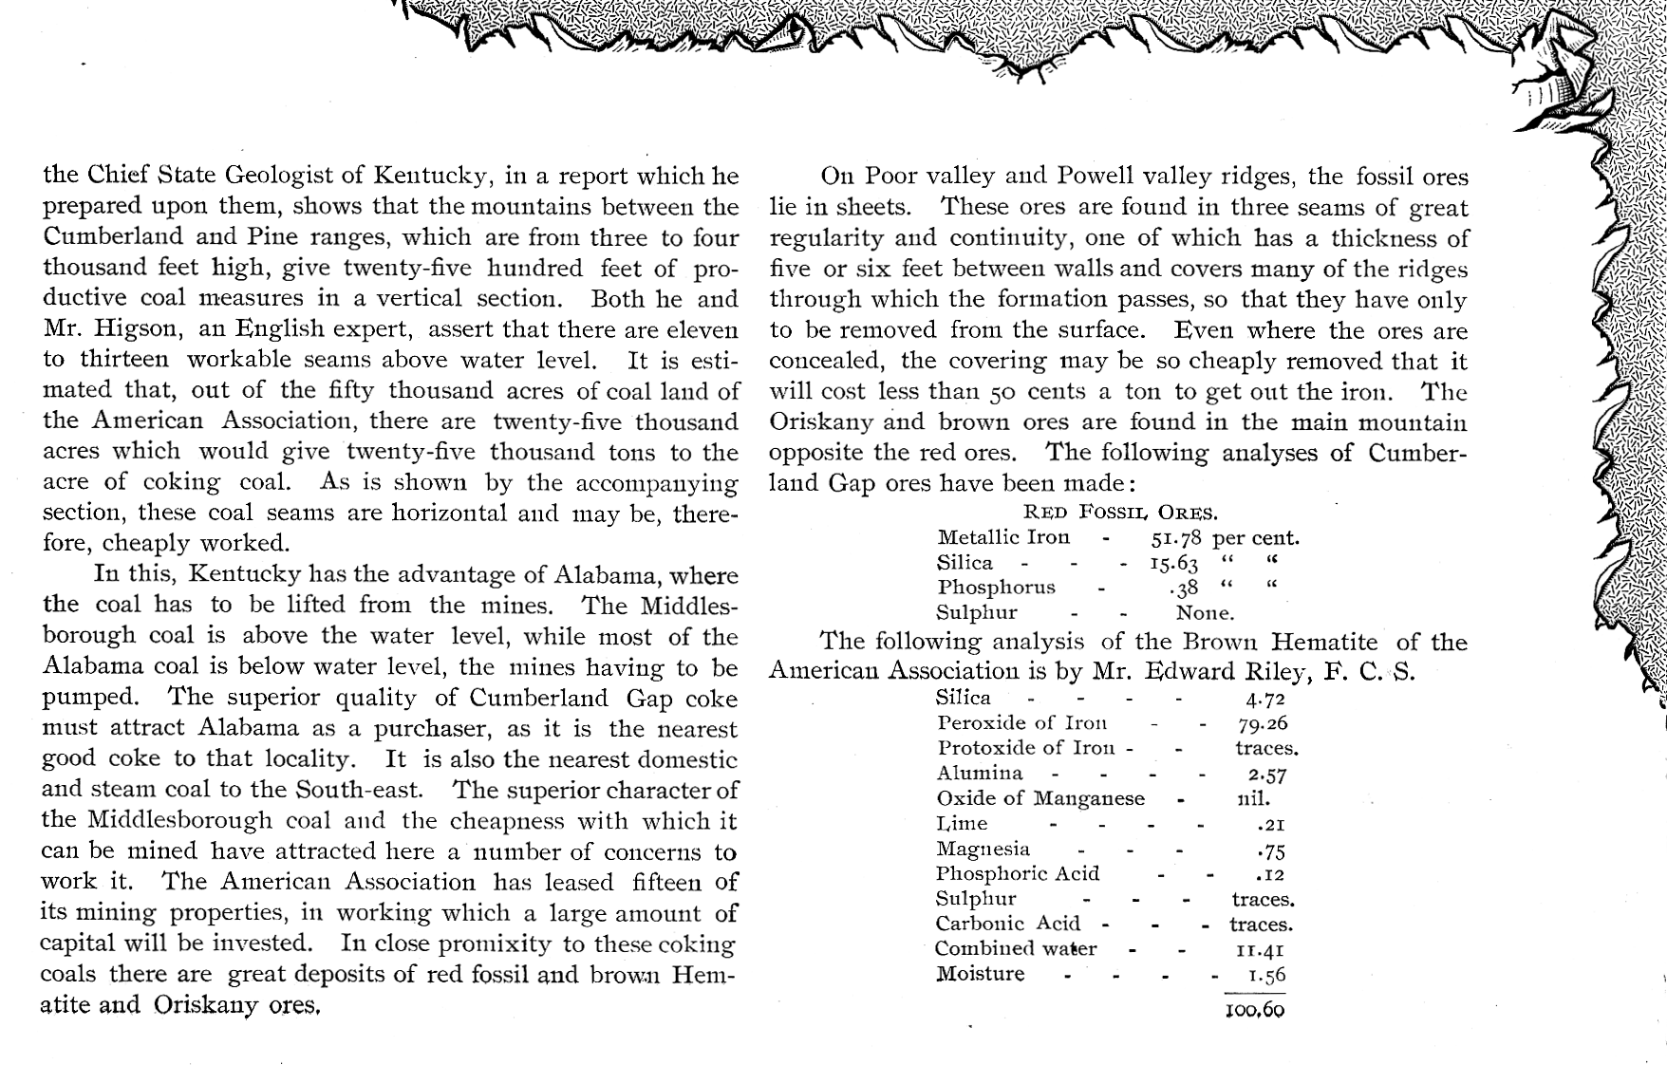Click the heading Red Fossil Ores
tap(1120, 513)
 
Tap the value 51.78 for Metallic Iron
tap(1176, 538)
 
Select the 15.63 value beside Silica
tap(1173, 563)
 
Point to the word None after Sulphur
tap(1205, 613)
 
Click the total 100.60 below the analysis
tap(1255, 1011)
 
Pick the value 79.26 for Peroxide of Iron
tap(1263, 723)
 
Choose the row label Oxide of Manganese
tap(1040, 798)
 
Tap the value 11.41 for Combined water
tap(1261, 949)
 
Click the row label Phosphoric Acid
tap(1018, 873)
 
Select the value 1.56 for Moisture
tap(1267, 975)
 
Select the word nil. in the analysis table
tap(1253, 798)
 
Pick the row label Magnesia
tap(983, 849)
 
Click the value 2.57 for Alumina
tap(1267, 775)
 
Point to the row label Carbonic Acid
tap(1008, 924)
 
